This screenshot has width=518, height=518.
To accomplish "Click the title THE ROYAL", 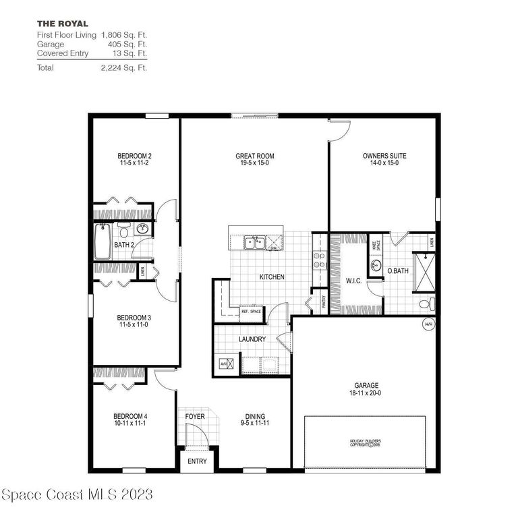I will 62,24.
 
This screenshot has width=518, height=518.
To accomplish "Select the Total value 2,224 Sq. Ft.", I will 124,67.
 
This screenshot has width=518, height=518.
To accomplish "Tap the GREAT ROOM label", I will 254,156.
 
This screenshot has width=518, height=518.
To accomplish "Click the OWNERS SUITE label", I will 384,156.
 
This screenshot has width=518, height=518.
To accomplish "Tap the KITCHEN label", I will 272,277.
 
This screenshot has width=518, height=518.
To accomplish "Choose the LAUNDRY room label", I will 252,339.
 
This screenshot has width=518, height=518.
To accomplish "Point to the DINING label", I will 255,416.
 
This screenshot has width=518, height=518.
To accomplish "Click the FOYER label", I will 195,416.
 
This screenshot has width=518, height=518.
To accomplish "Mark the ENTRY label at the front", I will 197,461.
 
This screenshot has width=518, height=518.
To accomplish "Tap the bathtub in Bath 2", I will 103,241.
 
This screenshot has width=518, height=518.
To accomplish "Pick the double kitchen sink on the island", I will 254,241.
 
